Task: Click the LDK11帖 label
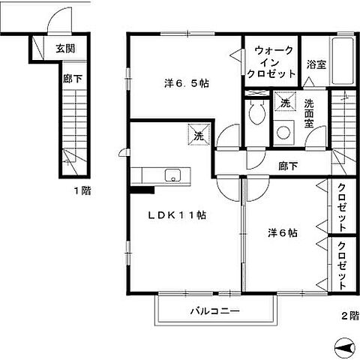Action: [x=177, y=214]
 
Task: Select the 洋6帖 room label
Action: [x=283, y=233]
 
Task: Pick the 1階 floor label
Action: [x=82, y=190]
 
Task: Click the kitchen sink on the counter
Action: [x=172, y=177]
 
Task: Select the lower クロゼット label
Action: [x=341, y=265]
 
